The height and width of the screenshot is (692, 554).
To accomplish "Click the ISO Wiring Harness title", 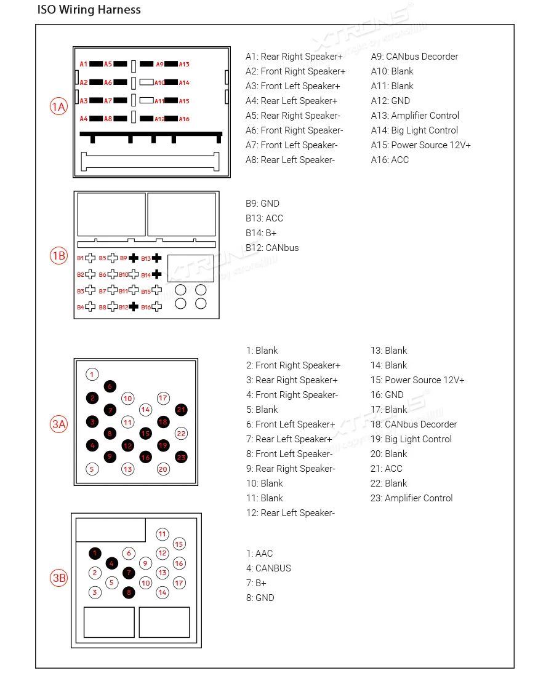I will click(x=89, y=10).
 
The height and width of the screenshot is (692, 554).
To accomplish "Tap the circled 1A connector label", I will click(x=58, y=107).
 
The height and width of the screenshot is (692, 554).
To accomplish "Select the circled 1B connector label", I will click(x=58, y=256).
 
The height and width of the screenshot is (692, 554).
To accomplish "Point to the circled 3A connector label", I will click(x=58, y=424).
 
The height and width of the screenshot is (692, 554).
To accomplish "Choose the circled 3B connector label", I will click(x=58, y=578).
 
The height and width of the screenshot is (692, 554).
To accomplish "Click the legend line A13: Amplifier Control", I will click(x=415, y=116).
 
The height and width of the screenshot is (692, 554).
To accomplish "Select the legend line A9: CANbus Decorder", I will click(x=414, y=57).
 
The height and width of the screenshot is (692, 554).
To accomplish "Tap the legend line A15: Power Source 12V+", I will click(x=420, y=145).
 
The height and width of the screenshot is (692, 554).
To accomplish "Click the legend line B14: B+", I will click(x=261, y=233).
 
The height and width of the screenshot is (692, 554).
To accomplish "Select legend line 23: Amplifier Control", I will click(x=411, y=498).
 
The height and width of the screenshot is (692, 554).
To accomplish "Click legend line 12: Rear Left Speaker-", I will click(x=291, y=513).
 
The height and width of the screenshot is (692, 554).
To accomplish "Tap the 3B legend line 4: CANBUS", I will click(x=268, y=568).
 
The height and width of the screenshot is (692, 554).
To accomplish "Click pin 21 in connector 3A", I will click(x=181, y=410).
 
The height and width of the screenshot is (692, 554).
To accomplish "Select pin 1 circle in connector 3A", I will click(x=92, y=374).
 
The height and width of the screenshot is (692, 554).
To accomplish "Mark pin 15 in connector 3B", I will click(x=179, y=544).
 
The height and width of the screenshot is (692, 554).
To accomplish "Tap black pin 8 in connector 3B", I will click(x=129, y=592).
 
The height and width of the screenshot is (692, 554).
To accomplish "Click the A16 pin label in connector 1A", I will click(x=184, y=119).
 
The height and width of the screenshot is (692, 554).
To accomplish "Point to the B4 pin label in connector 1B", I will click(x=81, y=307).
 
